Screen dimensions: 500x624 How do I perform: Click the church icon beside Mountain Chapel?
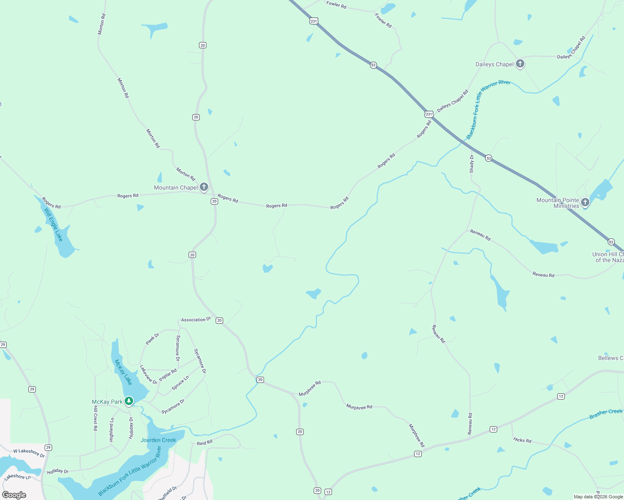[x=204, y=187]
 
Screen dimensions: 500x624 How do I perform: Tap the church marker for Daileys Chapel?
[x=520, y=64]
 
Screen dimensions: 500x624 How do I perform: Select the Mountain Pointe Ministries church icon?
[x=585, y=202]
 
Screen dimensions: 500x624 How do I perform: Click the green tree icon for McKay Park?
[x=129, y=401]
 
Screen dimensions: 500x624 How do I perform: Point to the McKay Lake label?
[x=123, y=372]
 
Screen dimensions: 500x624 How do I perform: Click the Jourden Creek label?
[x=158, y=440]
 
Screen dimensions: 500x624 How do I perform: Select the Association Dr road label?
[x=196, y=320]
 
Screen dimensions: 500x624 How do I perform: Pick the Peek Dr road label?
[x=152, y=339]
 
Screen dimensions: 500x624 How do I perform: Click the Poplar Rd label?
[x=168, y=374]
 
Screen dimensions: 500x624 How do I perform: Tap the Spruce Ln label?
[x=180, y=383]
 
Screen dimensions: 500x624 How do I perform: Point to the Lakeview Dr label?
[x=148, y=375]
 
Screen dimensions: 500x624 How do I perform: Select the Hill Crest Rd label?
[x=95, y=418]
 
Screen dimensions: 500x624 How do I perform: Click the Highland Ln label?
[x=111, y=430]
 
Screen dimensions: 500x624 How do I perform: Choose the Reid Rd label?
[x=204, y=442]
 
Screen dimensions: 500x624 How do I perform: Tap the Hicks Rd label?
[x=522, y=440]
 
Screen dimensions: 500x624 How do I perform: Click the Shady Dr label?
[x=472, y=164]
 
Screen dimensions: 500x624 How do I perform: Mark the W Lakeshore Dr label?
[x=29, y=453]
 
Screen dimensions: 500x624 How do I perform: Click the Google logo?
[x=14, y=495]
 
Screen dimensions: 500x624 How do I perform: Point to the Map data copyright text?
[x=598, y=497]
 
